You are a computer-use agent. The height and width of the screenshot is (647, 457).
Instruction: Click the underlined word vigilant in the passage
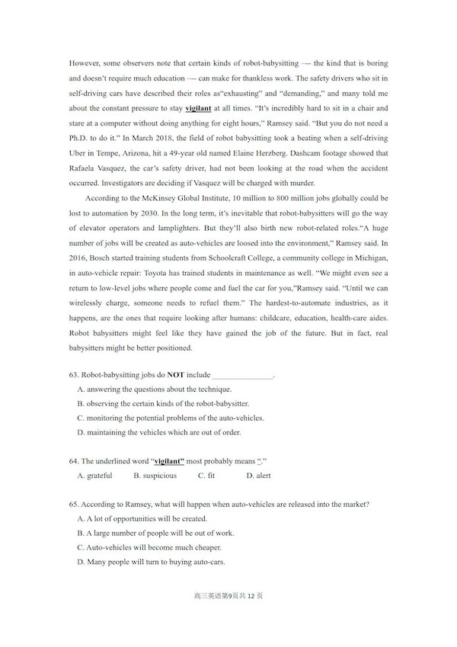point(198,109)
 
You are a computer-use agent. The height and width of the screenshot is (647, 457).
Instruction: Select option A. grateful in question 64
point(95,476)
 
